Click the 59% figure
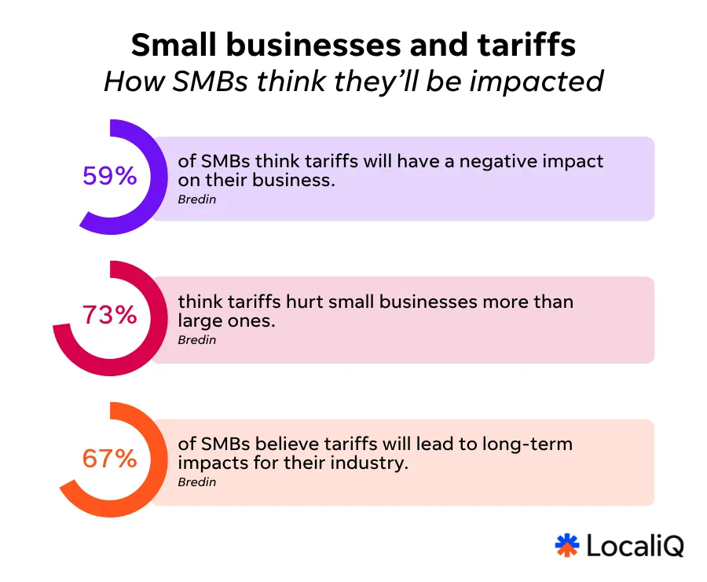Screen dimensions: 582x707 point(110,176)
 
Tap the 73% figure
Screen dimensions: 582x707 point(110,316)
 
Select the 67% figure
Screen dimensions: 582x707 point(110,458)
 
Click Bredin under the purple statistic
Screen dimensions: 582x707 point(196,199)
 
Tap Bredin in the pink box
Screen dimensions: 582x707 point(196,340)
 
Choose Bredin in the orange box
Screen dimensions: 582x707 point(196,481)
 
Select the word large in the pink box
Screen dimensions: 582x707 point(200,320)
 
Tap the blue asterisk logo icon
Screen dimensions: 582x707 point(567,545)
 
